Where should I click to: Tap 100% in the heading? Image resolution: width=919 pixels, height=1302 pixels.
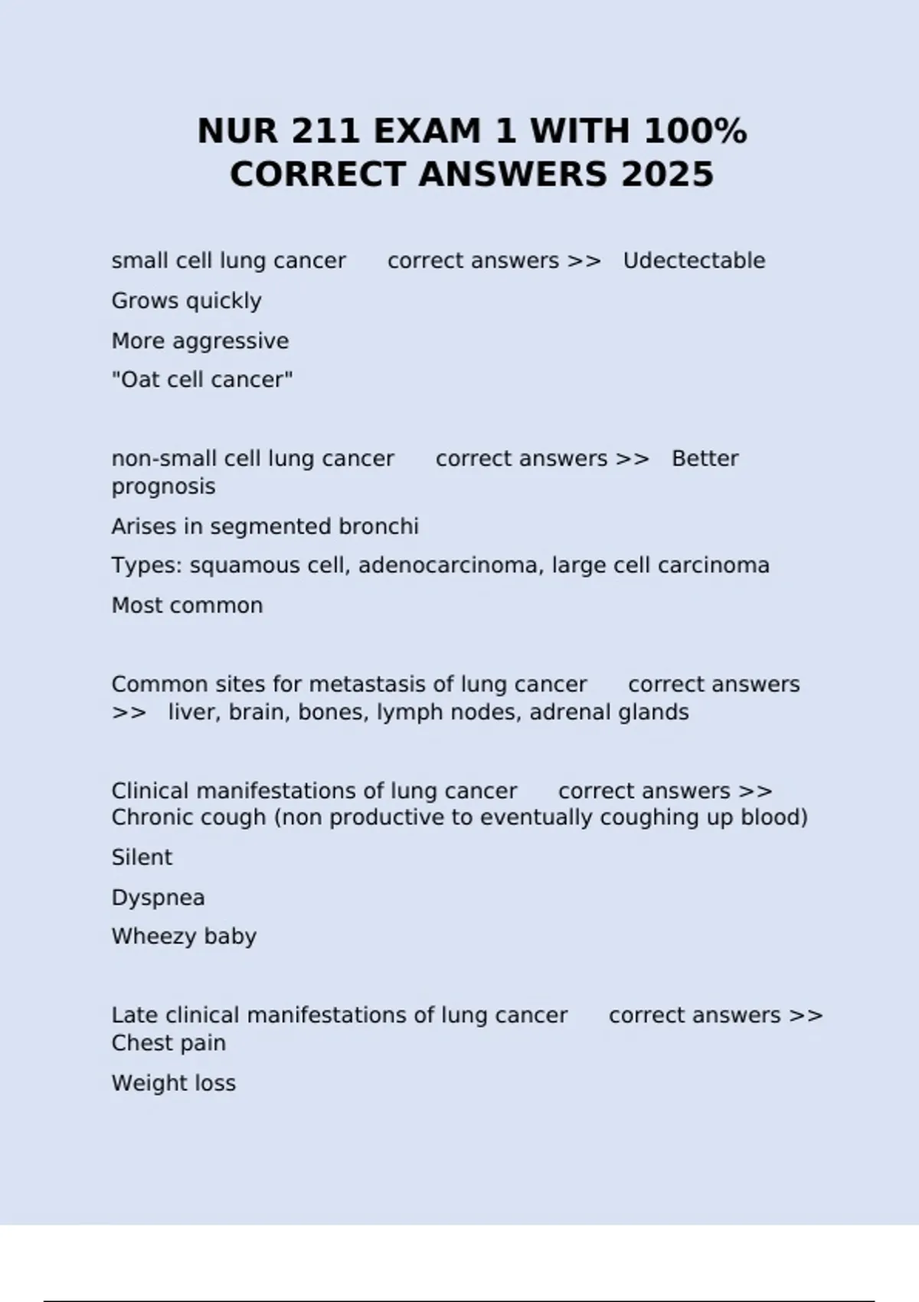click(695, 131)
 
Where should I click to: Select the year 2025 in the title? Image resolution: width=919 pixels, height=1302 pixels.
click(667, 175)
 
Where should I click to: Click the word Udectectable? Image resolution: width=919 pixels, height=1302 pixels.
click(694, 260)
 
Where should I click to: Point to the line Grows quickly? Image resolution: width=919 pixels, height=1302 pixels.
click(186, 301)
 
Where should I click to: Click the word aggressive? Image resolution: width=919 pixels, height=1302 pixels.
click(231, 341)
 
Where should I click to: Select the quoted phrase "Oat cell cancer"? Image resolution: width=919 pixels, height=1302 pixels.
click(202, 380)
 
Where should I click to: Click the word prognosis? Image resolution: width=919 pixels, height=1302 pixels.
click(163, 487)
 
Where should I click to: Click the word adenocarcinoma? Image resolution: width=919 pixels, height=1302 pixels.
click(448, 565)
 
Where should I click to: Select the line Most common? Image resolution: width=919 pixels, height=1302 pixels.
click(187, 606)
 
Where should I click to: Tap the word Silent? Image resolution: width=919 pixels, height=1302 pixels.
click(142, 858)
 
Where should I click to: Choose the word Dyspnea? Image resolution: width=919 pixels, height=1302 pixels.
click(158, 898)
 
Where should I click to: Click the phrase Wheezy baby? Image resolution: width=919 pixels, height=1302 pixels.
click(184, 937)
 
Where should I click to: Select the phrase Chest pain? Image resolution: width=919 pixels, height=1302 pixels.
click(168, 1043)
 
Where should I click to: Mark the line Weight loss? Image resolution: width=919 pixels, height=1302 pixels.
click(173, 1083)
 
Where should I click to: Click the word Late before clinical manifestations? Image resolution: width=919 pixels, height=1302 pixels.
click(135, 1016)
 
